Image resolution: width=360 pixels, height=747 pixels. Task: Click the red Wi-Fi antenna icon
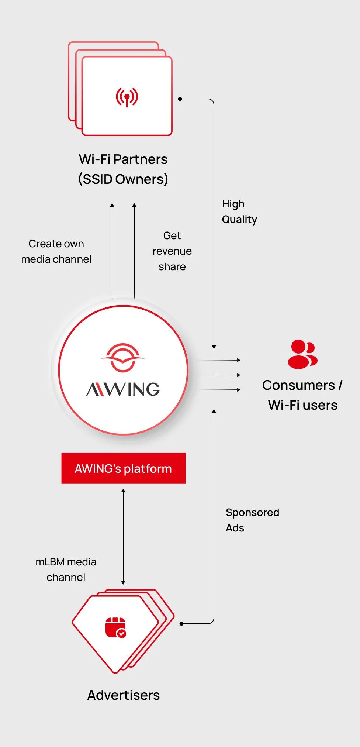point(127,97)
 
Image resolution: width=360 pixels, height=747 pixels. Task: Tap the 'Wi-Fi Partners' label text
point(123,159)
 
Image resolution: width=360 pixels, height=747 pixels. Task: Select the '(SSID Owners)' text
point(123,179)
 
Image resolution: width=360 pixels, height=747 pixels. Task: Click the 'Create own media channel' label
point(56,251)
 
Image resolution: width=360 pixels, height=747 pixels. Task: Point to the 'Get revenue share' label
point(172,251)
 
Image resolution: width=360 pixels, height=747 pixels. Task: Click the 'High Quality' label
point(239,211)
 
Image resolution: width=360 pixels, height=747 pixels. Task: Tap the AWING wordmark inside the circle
point(123,389)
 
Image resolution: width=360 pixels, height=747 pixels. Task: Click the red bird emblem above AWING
point(123,358)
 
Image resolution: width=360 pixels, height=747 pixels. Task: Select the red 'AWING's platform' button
point(124,468)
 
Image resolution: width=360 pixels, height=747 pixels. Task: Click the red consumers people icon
point(302,354)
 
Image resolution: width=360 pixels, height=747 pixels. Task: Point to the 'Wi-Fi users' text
point(303,405)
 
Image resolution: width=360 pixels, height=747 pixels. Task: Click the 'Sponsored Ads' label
point(252,520)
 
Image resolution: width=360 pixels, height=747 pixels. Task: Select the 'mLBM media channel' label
point(66,569)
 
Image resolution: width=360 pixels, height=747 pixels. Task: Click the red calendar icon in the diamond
point(115,627)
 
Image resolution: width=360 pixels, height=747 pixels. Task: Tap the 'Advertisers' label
point(124,695)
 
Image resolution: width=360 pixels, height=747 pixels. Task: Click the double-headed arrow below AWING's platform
point(123,537)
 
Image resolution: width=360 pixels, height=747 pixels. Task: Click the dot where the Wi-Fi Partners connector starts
point(180,99)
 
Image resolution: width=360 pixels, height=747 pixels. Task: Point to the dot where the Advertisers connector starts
point(181,624)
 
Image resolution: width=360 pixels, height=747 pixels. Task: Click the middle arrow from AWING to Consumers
point(219,375)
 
